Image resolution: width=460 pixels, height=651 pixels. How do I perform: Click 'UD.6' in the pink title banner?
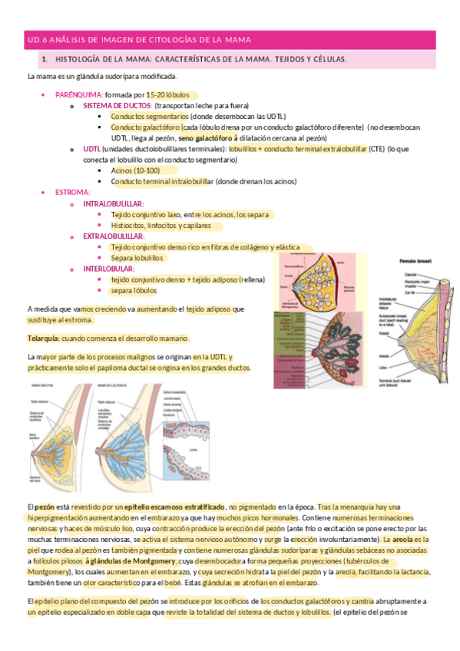[x=37, y=38]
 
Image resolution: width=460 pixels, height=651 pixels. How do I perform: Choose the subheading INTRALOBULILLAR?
[x=114, y=203]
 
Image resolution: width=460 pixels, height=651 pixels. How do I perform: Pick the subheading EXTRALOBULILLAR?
[x=114, y=236]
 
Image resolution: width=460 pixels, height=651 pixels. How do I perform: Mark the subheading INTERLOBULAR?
[x=110, y=269]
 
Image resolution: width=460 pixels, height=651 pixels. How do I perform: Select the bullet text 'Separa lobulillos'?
[x=137, y=259]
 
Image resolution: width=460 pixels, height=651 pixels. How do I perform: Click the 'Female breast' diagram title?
[x=418, y=263]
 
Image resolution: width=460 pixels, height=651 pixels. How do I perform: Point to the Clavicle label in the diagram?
[x=412, y=274]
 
